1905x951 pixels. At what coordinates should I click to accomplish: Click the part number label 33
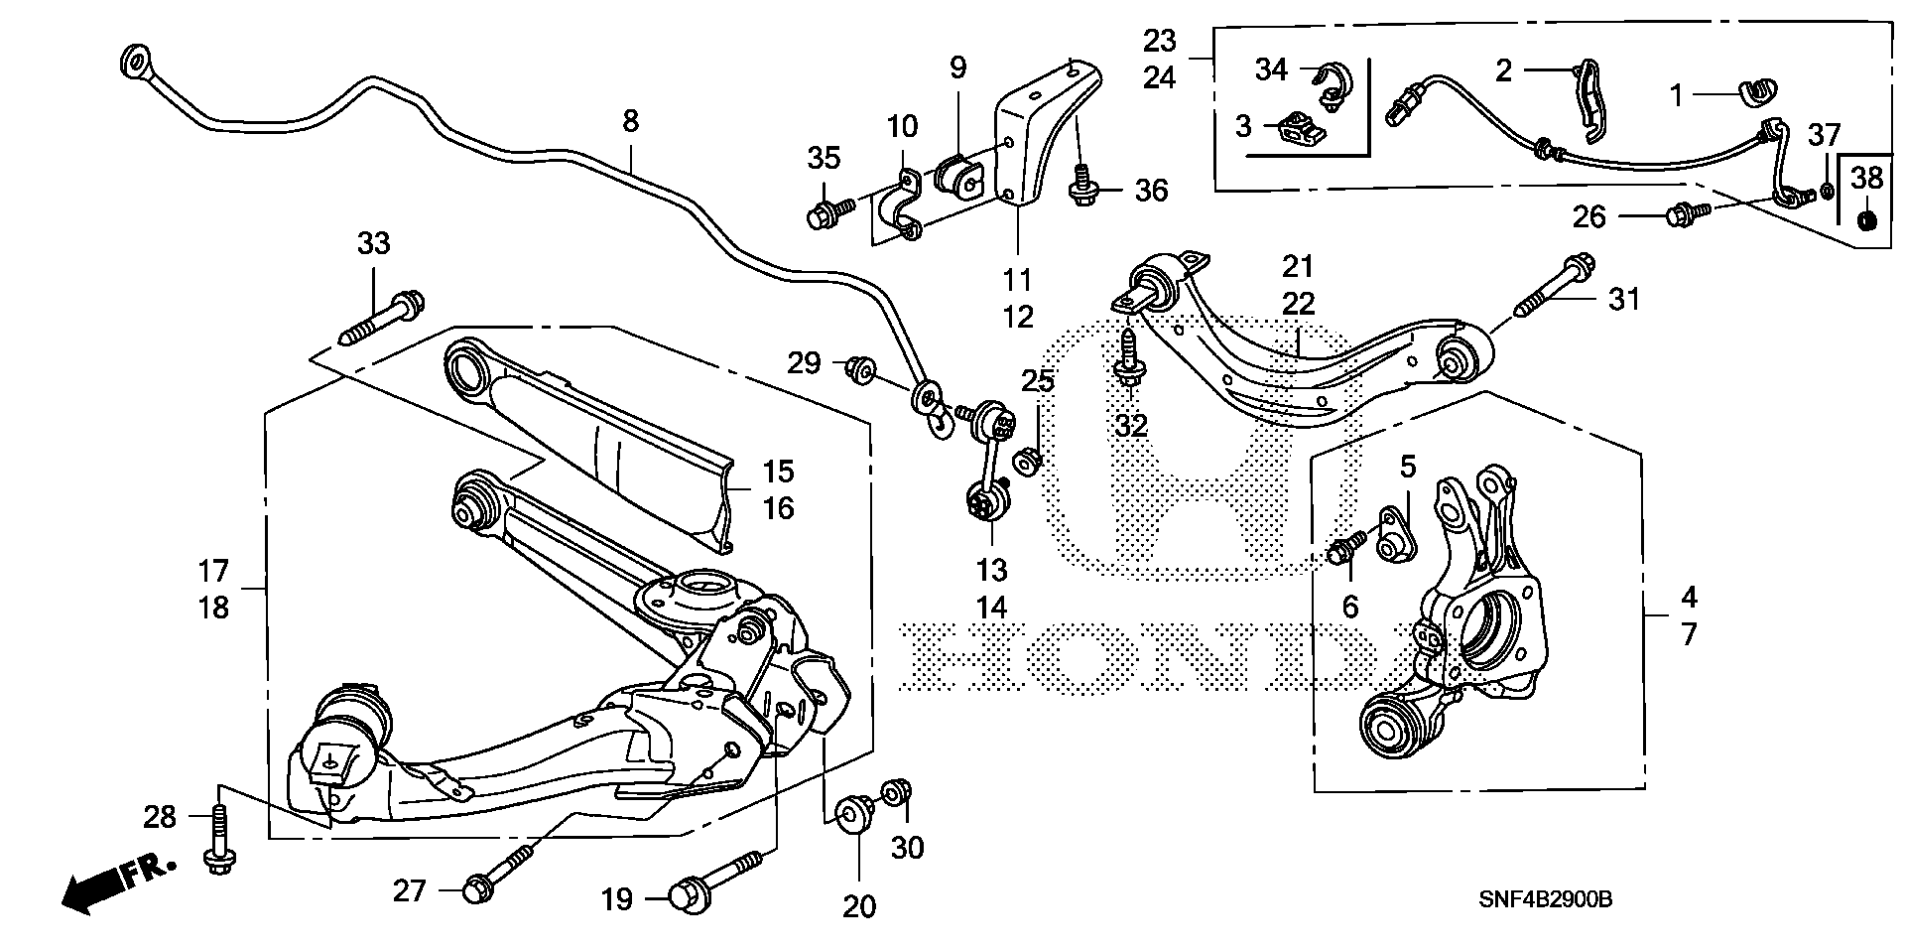tap(374, 244)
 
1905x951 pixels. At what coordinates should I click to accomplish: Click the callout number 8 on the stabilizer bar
tap(630, 122)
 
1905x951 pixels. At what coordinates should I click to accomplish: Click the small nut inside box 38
tap(1864, 219)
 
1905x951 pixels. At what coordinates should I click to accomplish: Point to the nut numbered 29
tap(860, 369)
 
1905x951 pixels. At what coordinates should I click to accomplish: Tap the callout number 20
tap(859, 907)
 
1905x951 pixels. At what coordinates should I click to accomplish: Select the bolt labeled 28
tap(218, 844)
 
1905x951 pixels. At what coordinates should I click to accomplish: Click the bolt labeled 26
tap(1686, 212)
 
